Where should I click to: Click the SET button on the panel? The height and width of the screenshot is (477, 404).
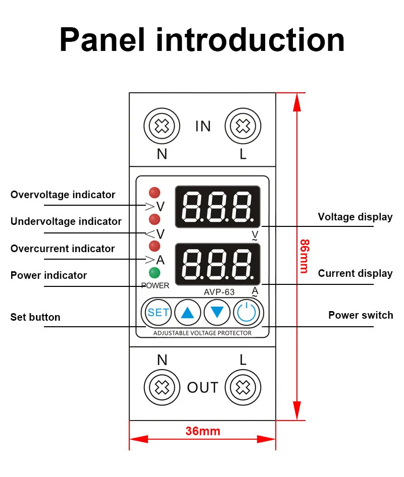(158, 313)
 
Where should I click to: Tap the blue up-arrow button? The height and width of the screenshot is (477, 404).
(187, 313)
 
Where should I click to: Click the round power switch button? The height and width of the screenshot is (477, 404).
(247, 313)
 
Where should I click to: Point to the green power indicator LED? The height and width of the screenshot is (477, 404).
(155, 273)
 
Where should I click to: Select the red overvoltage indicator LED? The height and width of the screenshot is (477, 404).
(155, 192)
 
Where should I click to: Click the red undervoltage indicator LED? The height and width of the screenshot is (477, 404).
(155, 219)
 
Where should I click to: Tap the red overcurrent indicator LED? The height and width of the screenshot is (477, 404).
(155, 246)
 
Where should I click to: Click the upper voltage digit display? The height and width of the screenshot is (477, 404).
(218, 207)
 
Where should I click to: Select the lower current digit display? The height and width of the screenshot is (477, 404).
(218, 264)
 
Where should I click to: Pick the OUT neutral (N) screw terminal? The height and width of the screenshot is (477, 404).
(162, 387)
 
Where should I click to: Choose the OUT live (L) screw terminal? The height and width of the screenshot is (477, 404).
(243, 387)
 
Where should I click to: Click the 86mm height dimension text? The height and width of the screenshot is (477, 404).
(304, 256)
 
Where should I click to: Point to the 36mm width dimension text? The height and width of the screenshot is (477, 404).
(203, 431)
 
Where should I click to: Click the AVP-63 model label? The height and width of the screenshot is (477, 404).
(219, 292)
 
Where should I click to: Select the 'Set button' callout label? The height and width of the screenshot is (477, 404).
(35, 317)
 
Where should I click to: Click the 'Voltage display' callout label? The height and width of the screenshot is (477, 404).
(355, 217)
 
